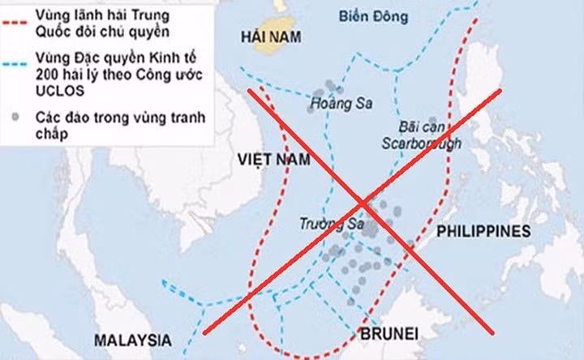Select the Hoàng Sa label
[335, 104]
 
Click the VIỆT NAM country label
[274, 160]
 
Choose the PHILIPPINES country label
[483, 232]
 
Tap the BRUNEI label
[387, 333]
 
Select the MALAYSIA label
[131, 339]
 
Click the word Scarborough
[422, 144]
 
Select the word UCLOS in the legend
[57, 89]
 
